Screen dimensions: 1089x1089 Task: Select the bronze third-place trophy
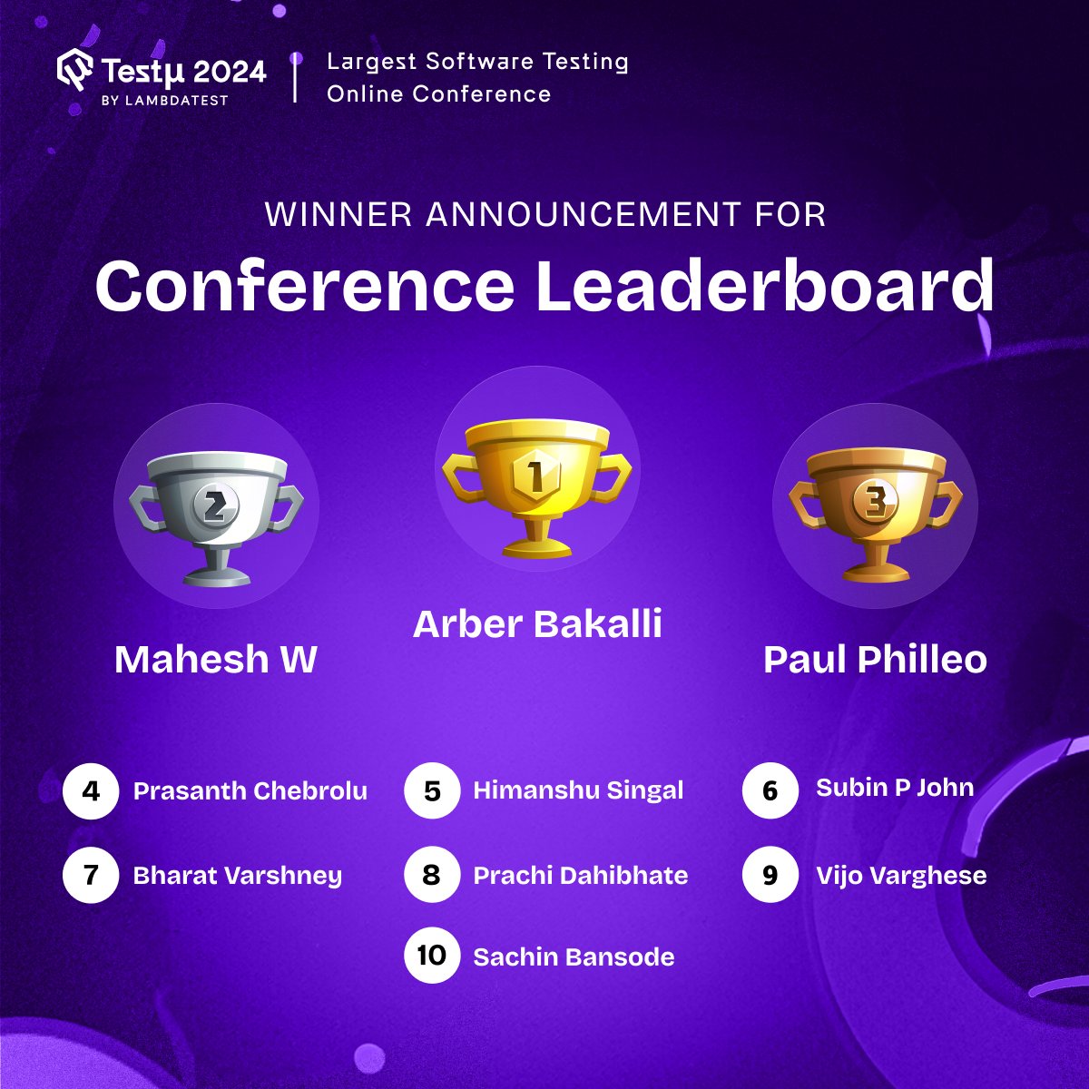coord(875,513)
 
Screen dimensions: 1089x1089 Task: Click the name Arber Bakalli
coord(537,624)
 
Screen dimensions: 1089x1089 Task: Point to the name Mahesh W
coord(215,660)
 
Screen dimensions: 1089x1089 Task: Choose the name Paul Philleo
coord(875,660)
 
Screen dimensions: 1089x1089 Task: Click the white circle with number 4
coord(91,791)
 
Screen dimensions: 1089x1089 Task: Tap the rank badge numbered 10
coord(432,956)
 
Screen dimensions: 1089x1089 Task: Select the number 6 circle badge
coord(770,790)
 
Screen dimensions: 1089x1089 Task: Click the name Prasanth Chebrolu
coord(250,791)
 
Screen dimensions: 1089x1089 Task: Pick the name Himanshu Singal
coord(578,790)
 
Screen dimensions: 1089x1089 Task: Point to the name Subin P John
coord(895,788)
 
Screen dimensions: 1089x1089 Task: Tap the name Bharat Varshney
coord(238,876)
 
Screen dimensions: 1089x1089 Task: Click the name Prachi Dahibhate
coord(581,876)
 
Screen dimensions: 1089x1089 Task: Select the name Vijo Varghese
coord(901,876)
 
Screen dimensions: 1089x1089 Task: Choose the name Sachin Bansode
coord(574,957)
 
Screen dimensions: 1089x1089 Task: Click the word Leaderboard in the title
coord(764,286)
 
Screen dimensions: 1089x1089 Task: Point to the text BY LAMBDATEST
coord(164,100)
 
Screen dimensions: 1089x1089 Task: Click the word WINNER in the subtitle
coord(339,215)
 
